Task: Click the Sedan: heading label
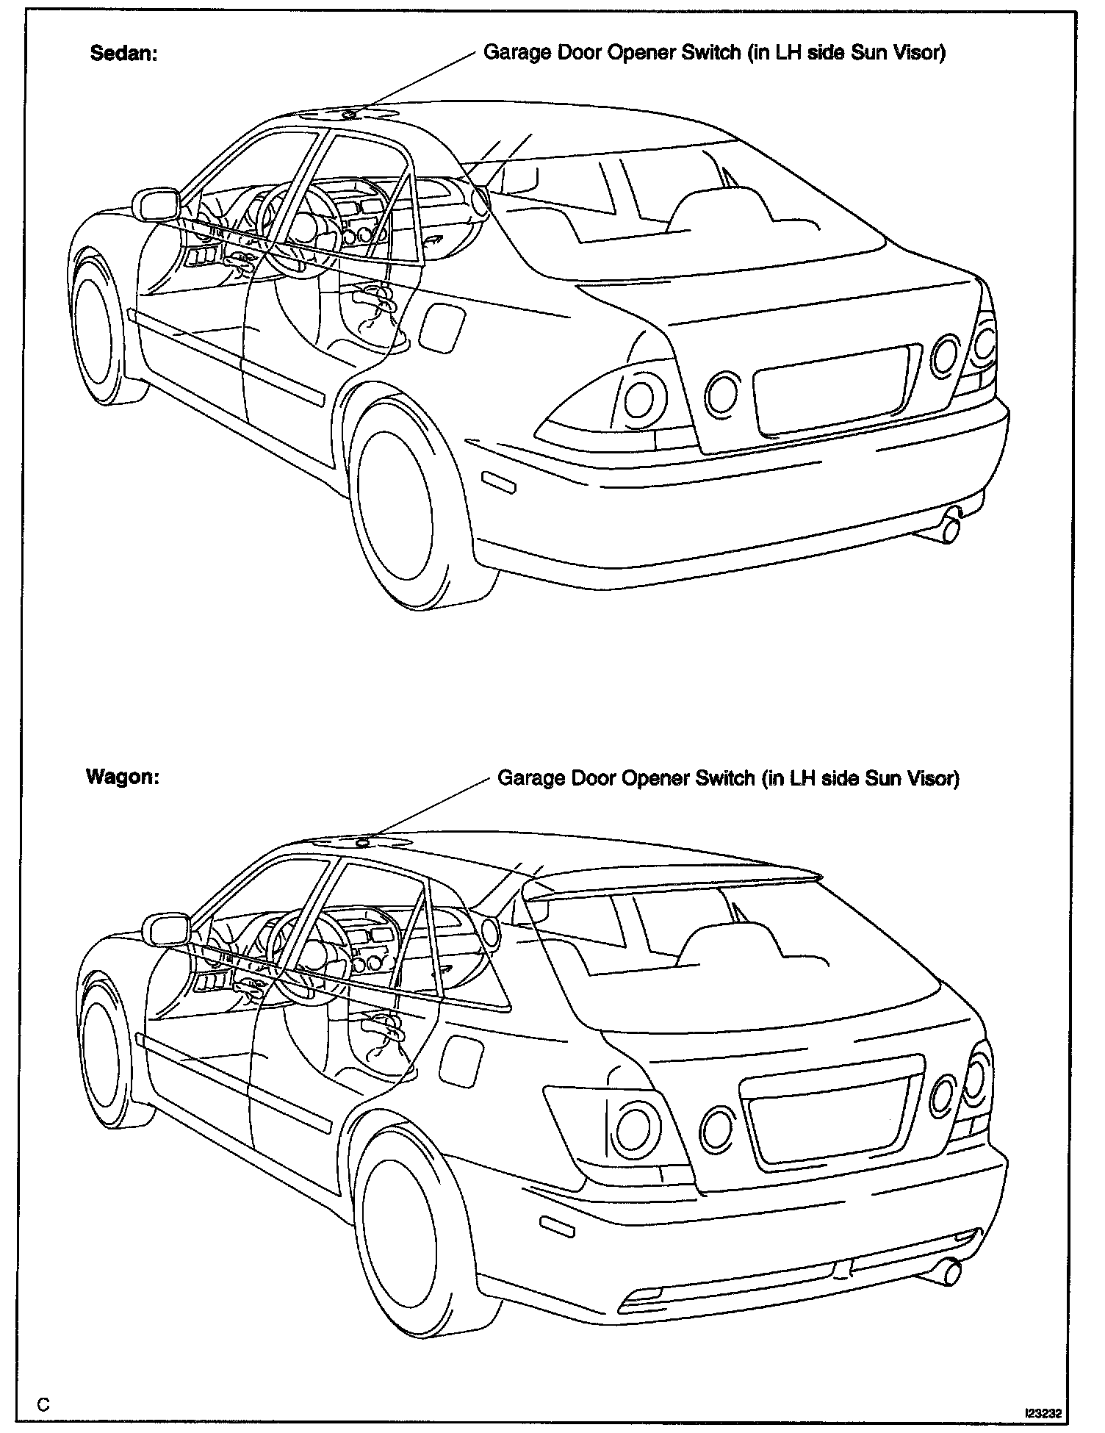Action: [x=123, y=54]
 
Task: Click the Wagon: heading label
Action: [x=123, y=777]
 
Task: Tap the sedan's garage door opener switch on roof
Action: [x=350, y=113]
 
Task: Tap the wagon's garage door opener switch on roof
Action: [x=362, y=842]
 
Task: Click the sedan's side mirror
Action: [x=156, y=204]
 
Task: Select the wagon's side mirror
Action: [x=170, y=930]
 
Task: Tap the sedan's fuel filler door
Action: [x=442, y=325]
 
